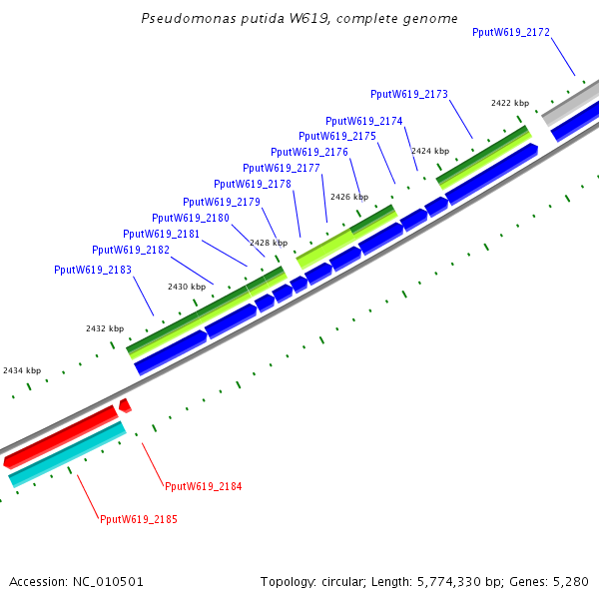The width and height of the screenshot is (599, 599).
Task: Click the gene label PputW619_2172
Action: click(x=511, y=33)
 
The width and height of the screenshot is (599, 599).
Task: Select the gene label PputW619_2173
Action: click(x=409, y=95)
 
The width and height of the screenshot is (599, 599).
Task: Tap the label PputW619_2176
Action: click(x=309, y=152)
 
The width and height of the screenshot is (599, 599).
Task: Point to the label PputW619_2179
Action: click(x=221, y=202)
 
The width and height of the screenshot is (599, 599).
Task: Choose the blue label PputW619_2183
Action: click(x=93, y=270)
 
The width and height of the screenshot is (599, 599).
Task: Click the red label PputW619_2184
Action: click(x=203, y=486)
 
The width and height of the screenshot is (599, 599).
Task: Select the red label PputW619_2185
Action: click(x=139, y=519)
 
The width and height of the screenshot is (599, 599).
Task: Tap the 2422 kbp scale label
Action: click(x=509, y=103)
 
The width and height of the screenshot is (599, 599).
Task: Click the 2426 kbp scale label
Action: click(x=349, y=197)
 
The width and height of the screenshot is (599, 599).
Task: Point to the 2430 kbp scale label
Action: click(x=187, y=287)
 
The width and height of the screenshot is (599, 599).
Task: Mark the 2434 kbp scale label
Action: click(x=22, y=370)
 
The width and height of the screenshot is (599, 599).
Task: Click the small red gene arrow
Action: click(x=124, y=404)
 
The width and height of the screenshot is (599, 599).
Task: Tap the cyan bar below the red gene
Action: click(x=66, y=453)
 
